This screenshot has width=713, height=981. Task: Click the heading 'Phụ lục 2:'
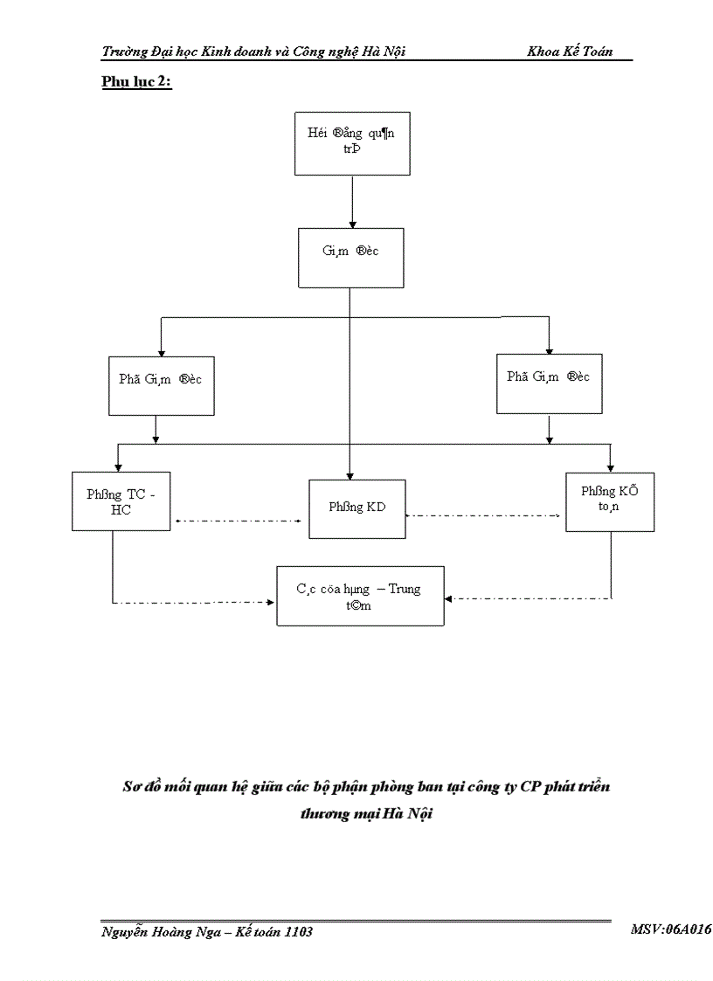point(136,82)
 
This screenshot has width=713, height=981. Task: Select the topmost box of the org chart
point(351,143)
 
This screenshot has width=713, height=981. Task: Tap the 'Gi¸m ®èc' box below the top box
point(350,258)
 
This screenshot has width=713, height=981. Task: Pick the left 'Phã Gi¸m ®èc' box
point(162,384)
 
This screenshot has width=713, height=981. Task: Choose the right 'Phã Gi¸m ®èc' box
point(548,383)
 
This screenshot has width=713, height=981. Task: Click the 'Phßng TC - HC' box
point(121,501)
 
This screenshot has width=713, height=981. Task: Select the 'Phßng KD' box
point(357,508)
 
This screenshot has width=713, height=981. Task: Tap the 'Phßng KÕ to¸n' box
point(609,501)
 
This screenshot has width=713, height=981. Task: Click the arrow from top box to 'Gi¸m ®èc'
point(351,201)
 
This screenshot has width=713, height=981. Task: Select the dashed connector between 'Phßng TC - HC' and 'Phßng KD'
point(239,521)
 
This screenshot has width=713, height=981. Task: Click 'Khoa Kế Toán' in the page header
point(570,52)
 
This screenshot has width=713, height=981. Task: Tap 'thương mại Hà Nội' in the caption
point(366,813)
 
